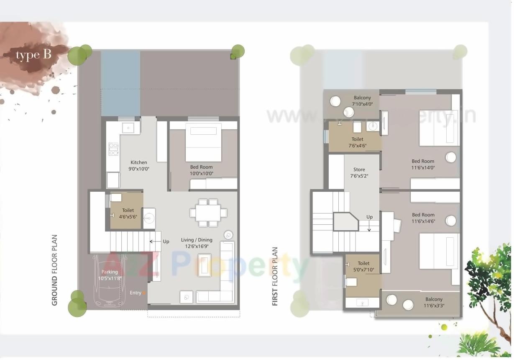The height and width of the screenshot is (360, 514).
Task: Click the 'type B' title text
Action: [x=33, y=55]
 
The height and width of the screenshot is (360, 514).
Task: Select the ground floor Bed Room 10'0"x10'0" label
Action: [x=202, y=170]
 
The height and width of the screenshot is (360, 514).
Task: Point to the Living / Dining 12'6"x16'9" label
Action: [x=197, y=243]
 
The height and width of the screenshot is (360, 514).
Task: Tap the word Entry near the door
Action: [x=136, y=293]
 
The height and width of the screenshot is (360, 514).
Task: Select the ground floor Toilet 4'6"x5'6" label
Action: [x=128, y=213]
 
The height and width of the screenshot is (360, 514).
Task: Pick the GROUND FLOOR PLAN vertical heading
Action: [x=54, y=270]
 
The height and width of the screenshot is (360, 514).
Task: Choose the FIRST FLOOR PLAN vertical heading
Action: [x=275, y=276]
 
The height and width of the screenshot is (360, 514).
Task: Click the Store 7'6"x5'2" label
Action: [x=359, y=173]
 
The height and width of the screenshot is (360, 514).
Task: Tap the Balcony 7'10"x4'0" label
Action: [x=362, y=101]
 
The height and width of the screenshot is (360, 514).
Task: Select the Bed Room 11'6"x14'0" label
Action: [x=423, y=164]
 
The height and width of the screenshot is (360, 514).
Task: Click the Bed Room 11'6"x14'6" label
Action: [x=423, y=218]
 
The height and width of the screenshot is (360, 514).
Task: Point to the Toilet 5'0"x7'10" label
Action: [x=363, y=267]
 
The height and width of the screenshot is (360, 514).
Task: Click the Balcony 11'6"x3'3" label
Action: [x=434, y=302]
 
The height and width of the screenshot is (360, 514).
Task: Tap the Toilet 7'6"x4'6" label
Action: [x=357, y=142]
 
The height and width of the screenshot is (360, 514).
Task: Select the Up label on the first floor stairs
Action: [x=369, y=217]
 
